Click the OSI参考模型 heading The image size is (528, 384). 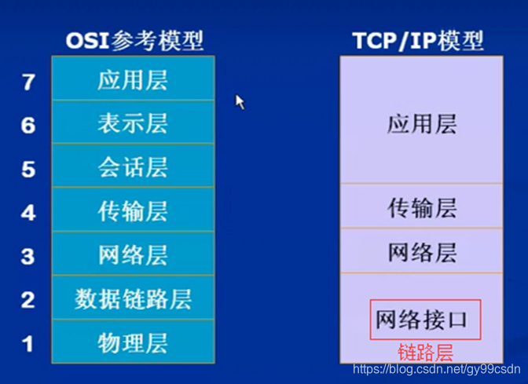(133, 40)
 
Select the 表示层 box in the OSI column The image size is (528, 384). (133, 123)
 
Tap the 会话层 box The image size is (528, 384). (133, 166)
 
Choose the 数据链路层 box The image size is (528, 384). (133, 298)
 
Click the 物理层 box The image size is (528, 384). (133, 342)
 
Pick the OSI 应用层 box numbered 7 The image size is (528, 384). (133, 79)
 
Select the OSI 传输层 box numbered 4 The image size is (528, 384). (133, 210)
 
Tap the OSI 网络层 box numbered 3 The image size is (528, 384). (133, 254)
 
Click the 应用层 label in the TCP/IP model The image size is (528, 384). (422, 123)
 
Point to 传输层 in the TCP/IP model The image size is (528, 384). (422, 207)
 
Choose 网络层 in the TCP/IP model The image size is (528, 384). (422, 251)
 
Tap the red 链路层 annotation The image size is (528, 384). (426, 350)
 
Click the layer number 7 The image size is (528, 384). (28, 81)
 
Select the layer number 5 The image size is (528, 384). (28, 169)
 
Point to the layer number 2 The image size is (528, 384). (28, 299)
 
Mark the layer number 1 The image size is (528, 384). (28, 343)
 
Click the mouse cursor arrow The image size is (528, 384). (240, 102)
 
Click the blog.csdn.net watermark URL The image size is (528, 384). (436, 369)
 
